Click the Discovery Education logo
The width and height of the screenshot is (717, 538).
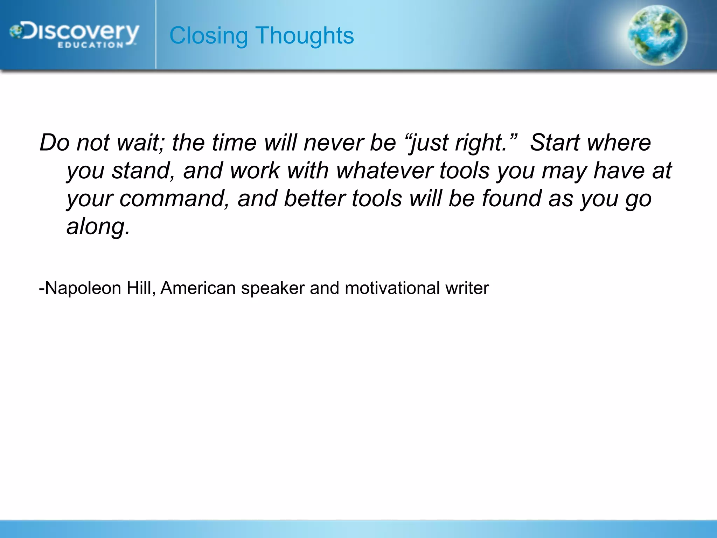click(74, 35)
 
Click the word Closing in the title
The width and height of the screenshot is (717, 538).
click(209, 36)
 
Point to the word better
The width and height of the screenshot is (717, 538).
click(314, 199)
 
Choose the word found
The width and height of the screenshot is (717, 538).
click(511, 199)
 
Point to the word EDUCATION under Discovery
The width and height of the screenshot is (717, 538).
click(90, 45)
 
